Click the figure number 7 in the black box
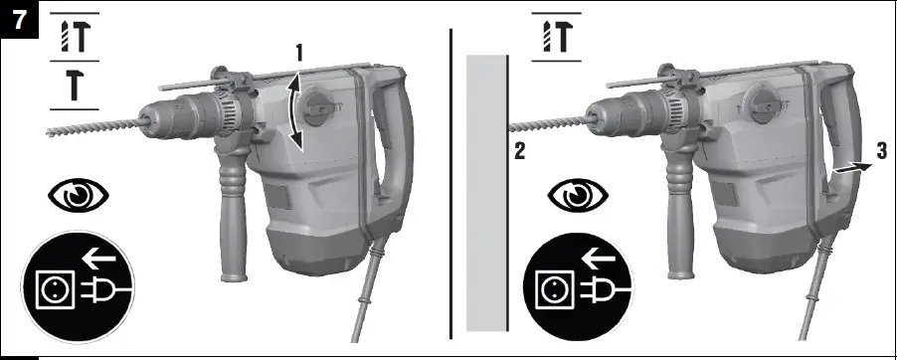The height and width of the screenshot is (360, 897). point(15,16)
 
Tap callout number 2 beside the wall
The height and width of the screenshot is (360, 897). point(518,152)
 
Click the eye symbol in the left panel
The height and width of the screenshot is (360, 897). point(78,195)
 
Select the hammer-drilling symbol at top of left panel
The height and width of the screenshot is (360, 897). point(74,36)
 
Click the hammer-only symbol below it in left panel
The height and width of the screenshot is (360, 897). point(74,87)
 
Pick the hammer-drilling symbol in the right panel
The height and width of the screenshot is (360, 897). point(558,36)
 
